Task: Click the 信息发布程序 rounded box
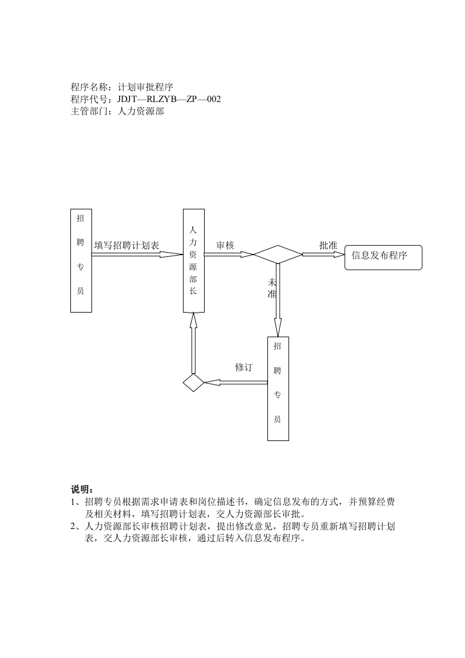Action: tap(383, 257)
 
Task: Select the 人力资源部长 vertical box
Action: tap(193, 260)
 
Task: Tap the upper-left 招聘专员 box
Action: tap(81, 260)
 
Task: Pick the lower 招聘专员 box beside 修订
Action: tap(278, 388)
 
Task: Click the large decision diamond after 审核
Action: tap(277, 255)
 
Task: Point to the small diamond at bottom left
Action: tap(193, 382)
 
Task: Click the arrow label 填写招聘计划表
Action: tap(127, 245)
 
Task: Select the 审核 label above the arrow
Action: tap(225, 245)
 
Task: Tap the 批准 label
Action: tap(328, 245)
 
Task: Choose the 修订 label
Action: tap(244, 367)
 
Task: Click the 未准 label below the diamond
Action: tap(272, 288)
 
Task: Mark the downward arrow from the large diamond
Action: tap(278, 299)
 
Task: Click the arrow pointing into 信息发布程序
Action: tap(323, 255)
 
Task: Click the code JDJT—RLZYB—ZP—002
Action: tap(169, 99)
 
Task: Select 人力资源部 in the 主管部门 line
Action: tap(141, 111)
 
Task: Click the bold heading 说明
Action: tap(82, 489)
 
